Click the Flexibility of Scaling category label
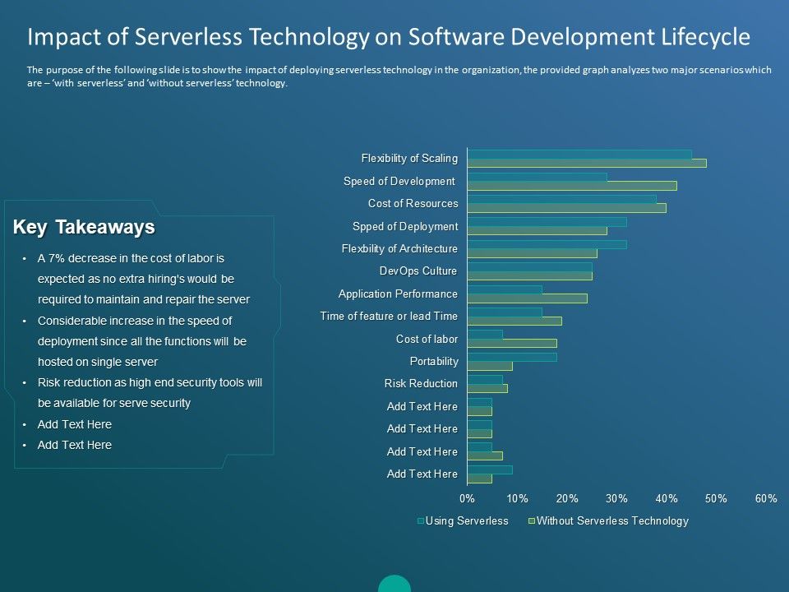coord(409,158)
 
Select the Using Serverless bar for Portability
coord(512,357)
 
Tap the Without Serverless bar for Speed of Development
coord(572,186)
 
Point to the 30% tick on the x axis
coord(617,498)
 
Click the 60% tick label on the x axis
coord(767,498)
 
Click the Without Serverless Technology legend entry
coord(612,521)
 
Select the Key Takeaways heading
coord(84,227)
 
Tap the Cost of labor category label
coord(427,339)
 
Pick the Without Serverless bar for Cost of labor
coord(512,343)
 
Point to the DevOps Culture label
coord(418,271)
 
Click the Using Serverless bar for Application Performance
coord(505,289)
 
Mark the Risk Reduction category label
coord(421,383)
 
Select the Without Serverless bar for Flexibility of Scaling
coord(587,163)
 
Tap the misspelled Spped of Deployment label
coord(405,226)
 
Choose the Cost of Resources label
coord(413,203)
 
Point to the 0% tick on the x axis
coord(468,498)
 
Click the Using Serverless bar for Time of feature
coord(505,312)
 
